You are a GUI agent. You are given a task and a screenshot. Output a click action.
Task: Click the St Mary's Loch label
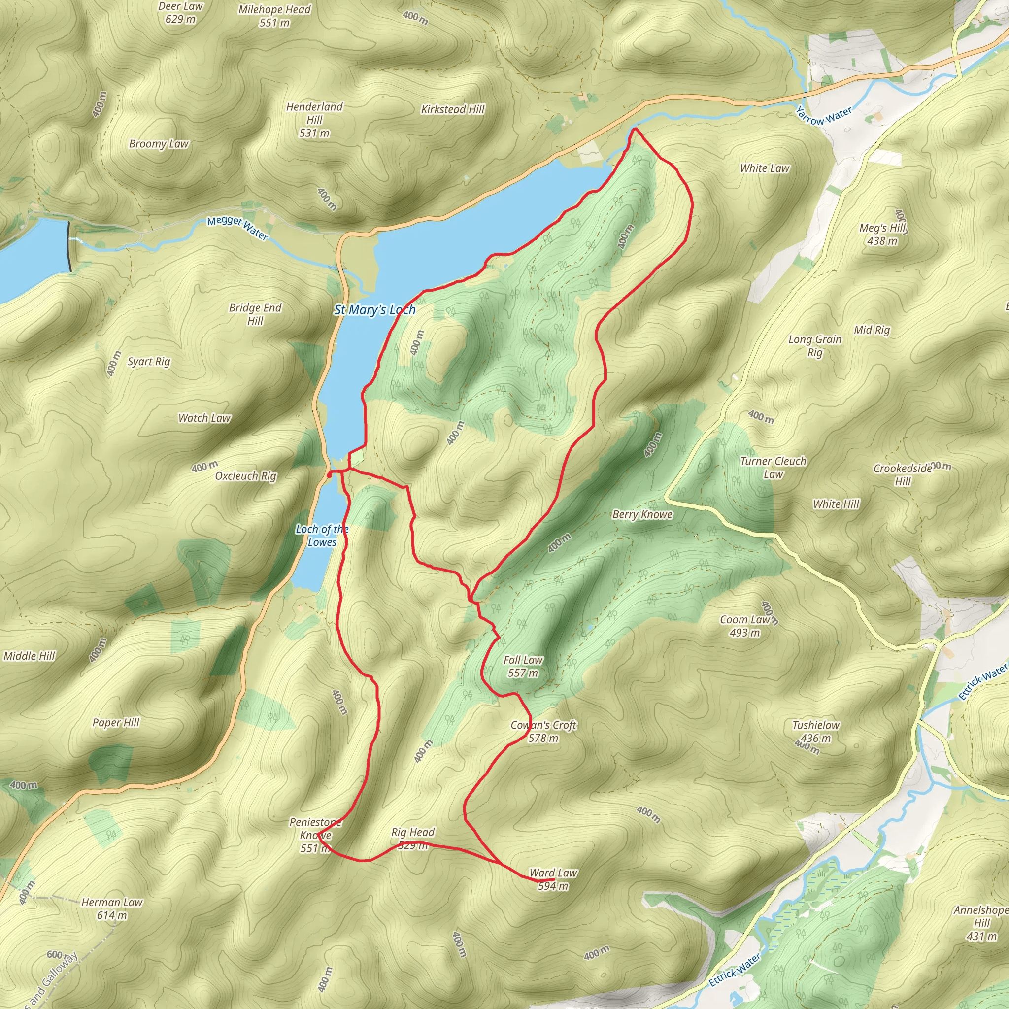374,310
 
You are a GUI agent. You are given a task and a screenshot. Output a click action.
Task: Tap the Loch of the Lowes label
322,536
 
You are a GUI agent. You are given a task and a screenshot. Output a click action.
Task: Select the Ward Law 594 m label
553,879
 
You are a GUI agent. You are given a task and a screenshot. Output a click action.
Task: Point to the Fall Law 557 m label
523,666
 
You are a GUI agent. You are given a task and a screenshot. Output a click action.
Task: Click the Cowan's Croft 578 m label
543,731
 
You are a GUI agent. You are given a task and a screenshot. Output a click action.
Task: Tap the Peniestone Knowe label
315,835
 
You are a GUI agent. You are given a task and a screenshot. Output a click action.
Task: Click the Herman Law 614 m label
112,908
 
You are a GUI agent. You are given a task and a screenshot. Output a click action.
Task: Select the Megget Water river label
237,228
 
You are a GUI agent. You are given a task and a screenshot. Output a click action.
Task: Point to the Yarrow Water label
824,116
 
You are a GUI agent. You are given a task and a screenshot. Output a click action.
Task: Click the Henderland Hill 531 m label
314,120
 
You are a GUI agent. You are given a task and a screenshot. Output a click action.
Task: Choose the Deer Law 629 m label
180,12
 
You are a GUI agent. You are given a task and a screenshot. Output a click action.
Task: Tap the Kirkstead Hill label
453,109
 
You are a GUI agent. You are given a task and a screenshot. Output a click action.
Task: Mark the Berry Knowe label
642,514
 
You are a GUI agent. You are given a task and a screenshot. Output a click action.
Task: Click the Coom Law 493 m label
745,626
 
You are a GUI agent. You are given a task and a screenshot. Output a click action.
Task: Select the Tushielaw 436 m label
816,731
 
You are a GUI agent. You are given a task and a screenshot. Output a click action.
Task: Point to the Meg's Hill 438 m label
882,234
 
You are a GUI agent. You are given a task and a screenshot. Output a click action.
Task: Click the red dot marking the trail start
329,475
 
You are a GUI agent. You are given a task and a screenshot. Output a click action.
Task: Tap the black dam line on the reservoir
69,246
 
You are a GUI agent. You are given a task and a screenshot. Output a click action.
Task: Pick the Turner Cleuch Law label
773,468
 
